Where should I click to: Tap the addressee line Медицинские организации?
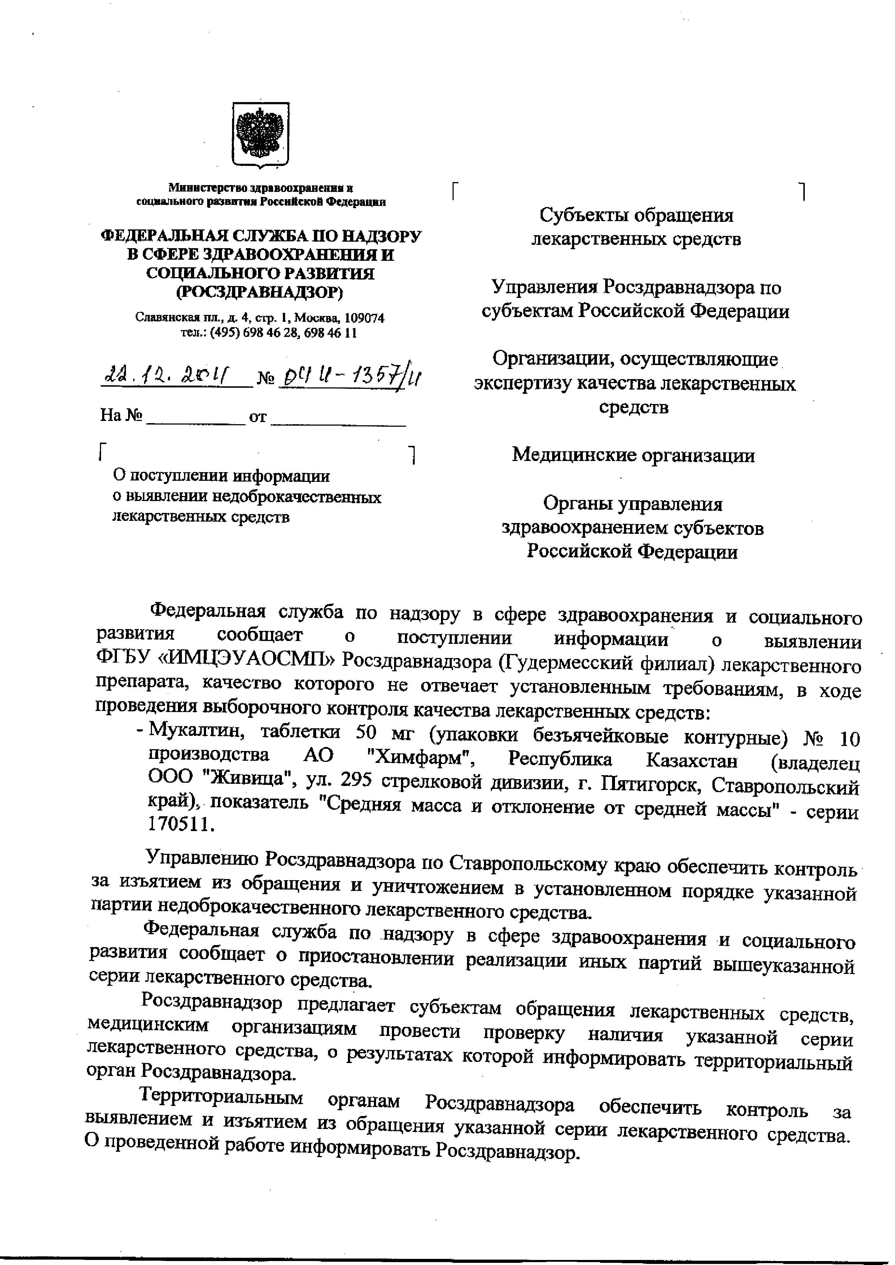pos(633,455)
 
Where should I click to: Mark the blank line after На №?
pos(196,418)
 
